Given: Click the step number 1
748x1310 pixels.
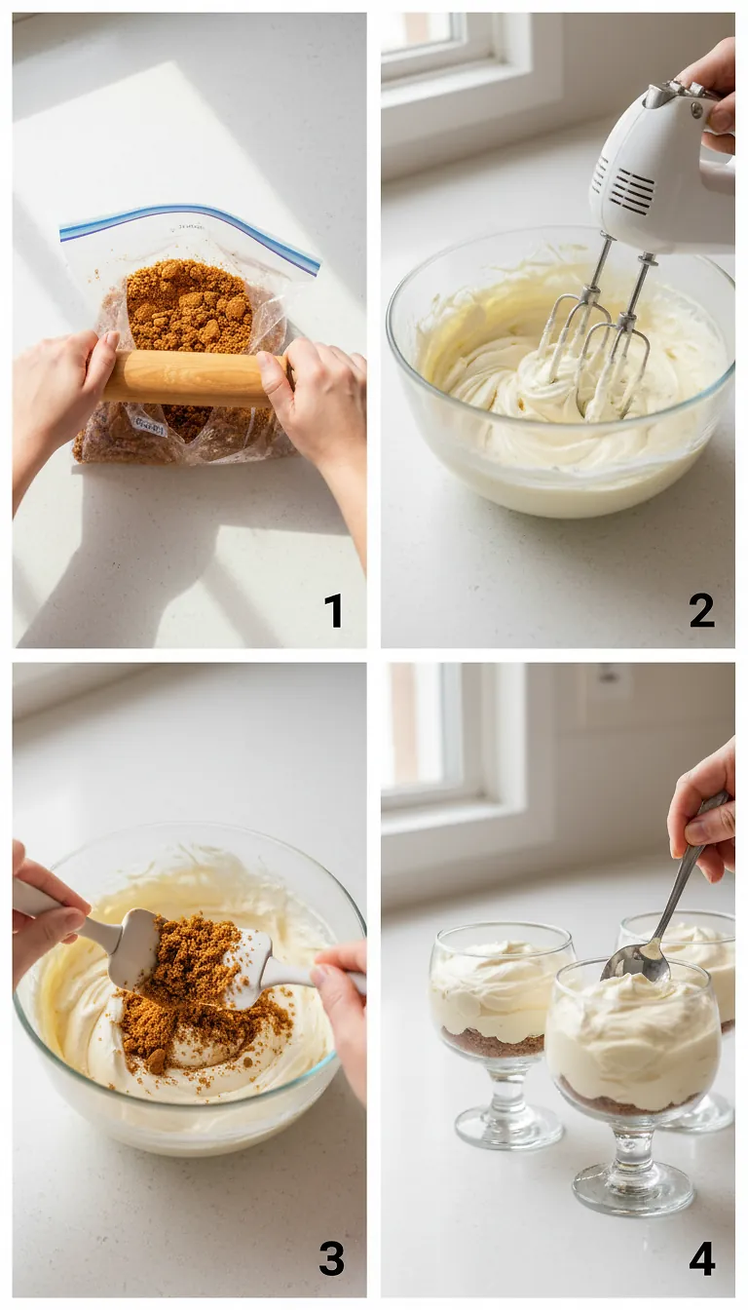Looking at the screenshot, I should pyautogui.click(x=333, y=611).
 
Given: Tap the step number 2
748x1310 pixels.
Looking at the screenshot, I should pyautogui.click(x=701, y=610).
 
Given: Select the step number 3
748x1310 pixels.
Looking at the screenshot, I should pyautogui.click(x=332, y=1258).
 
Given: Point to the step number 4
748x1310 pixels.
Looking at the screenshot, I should pyautogui.click(x=701, y=1258).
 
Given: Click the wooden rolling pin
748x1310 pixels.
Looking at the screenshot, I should pyautogui.click(x=190, y=377).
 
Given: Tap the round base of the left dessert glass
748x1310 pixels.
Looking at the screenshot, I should pyautogui.click(x=507, y=1128).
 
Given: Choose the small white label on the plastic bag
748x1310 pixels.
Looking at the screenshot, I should pyautogui.click(x=152, y=421).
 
